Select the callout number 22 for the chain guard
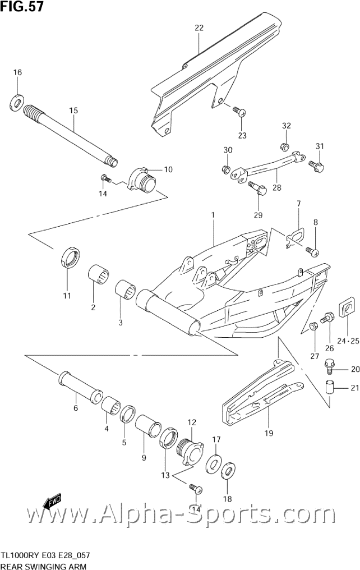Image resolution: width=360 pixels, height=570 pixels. coord(199,27)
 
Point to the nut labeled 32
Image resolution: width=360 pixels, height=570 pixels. coord(285,147)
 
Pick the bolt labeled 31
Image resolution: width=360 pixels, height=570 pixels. coord(316,166)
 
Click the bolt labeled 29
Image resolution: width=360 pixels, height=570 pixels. coord(257,188)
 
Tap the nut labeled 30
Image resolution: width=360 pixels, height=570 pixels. coord(225,169)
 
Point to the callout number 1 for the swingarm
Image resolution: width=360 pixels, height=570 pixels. coord(213,215)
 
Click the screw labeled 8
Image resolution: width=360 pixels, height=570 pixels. coord(312,251)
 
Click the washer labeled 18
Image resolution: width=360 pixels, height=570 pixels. coord(228,471)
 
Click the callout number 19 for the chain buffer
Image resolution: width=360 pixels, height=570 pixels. coord(269,433)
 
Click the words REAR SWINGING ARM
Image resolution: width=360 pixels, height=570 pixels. coord(44,566)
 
